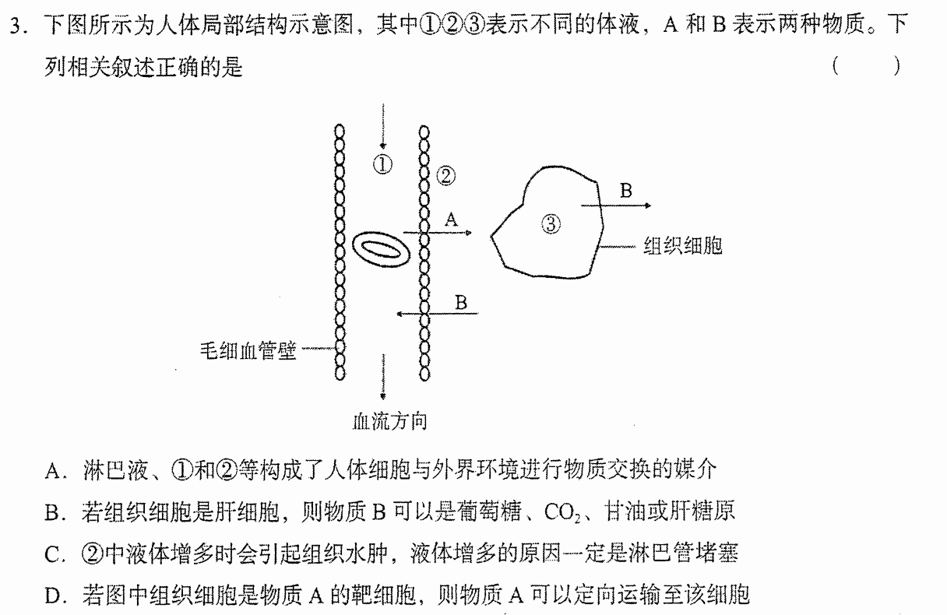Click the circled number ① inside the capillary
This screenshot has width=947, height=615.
tap(382, 164)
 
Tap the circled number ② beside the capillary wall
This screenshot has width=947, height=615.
tap(446, 176)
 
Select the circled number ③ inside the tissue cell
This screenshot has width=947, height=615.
tap(551, 224)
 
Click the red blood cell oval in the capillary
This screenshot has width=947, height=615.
tap(381, 249)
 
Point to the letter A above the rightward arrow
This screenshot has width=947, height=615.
tap(452, 220)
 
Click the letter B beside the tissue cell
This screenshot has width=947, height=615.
tap(625, 191)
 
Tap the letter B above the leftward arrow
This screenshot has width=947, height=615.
tap(461, 303)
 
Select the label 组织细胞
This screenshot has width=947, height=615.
tap(683, 245)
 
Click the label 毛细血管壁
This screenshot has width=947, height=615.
tap(248, 350)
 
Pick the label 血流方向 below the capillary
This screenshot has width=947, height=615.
tap(389, 421)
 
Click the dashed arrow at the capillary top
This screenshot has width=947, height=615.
tap(383, 126)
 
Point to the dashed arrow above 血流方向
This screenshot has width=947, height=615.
tap(383, 377)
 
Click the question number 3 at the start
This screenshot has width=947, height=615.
tap(16, 26)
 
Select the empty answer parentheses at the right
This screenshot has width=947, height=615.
tap(866, 66)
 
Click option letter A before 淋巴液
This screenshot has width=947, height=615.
tap(53, 471)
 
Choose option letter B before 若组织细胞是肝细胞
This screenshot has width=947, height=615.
tap(52, 513)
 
